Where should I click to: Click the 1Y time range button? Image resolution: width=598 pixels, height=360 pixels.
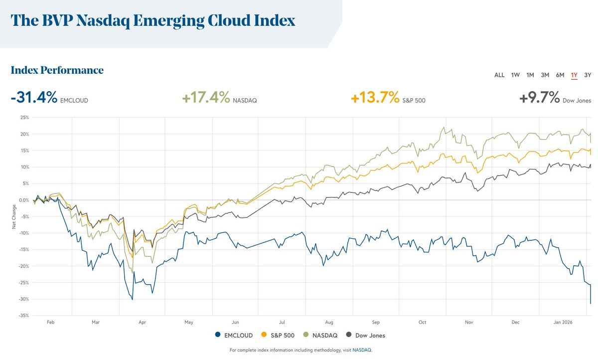coord(574,75)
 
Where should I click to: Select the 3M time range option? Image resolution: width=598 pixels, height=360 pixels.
coord(545,75)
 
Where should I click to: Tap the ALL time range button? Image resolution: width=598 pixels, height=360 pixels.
coord(499,75)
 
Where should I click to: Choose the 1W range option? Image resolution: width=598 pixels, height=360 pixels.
coord(515,75)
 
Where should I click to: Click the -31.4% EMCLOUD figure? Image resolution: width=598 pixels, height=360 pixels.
coord(34,98)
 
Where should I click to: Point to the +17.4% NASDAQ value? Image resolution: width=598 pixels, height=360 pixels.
coord(206,98)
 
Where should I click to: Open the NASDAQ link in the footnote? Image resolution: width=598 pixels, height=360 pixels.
coord(362,350)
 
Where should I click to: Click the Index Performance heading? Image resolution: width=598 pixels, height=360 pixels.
coord(57,70)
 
